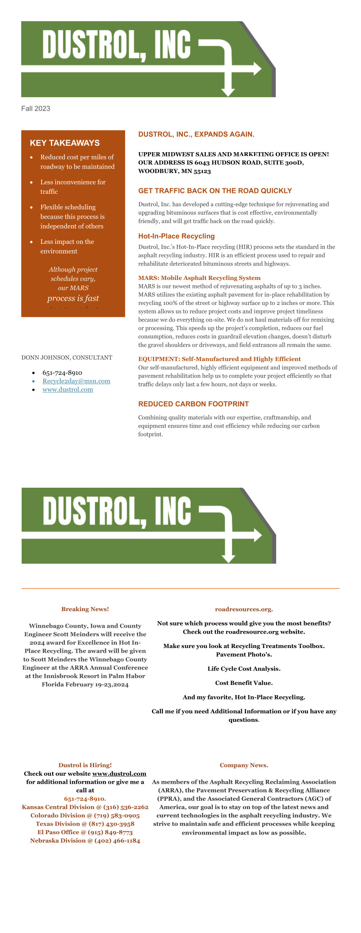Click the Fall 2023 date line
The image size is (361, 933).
[36, 109]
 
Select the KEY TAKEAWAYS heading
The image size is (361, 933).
[64, 143]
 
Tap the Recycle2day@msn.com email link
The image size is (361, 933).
[76, 381]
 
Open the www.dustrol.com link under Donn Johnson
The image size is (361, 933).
[67, 390]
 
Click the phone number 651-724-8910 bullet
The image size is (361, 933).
[62, 373]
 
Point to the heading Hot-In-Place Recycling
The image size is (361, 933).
[176, 236]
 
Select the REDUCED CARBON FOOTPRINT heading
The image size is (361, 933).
[193, 404]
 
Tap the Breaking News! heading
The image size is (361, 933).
[85, 609]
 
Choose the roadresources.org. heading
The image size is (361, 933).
[244, 609]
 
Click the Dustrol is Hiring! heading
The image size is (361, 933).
[85, 765]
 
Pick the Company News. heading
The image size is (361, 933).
[244, 765]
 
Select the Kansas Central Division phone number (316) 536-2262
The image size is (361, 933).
[127, 807]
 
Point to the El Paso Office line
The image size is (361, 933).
[85, 832]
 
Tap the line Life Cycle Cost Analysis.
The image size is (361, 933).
[244, 669]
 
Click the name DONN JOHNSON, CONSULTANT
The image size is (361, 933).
[67, 358]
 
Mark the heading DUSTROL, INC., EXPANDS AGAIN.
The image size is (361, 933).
[196, 134]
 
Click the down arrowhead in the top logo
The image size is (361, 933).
[228, 92]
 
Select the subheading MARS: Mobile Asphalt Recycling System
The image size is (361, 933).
[199, 278]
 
